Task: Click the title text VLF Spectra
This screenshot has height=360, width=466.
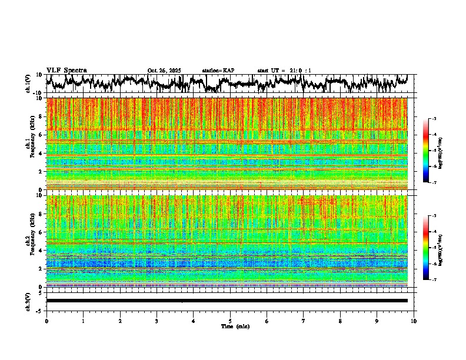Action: point(66,70)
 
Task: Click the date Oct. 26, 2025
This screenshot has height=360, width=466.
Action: point(164,71)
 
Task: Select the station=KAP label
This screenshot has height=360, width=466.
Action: point(218,71)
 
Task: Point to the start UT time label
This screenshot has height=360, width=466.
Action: point(284,71)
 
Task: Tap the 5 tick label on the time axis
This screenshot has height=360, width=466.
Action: point(230,321)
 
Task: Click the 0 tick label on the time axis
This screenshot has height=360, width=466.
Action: point(46,321)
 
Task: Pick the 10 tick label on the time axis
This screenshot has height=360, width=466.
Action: point(414,321)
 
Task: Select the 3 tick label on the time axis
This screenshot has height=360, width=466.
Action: point(157,321)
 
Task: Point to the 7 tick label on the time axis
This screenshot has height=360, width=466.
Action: point(304,321)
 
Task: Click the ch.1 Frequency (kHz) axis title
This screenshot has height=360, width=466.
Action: point(31,144)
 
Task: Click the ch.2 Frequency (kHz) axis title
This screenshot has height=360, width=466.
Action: point(31,241)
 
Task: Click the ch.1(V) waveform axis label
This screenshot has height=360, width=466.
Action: point(28,84)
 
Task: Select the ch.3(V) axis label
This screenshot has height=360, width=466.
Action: point(28,301)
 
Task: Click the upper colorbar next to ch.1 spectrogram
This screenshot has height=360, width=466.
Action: point(432,151)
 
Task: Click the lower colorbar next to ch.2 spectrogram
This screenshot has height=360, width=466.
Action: point(432,248)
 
